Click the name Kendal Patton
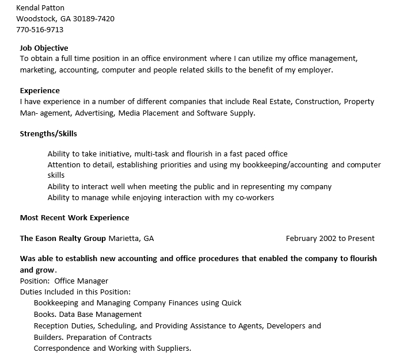(40, 8)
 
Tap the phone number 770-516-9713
(40, 29)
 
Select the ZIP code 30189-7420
(94, 19)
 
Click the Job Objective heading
(44, 48)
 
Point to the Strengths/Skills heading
(48, 134)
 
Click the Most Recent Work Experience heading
(75, 218)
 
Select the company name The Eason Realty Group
(63, 239)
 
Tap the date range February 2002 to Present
(330, 239)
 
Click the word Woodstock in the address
(36, 19)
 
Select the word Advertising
(95, 113)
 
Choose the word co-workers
(253, 198)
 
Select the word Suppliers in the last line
(172, 348)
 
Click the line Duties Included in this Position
(75, 292)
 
